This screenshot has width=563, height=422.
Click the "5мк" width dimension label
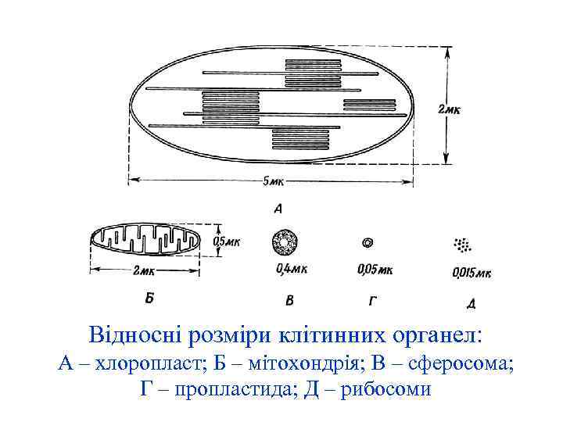pos(274,182)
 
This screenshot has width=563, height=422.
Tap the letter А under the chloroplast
pos(278,209)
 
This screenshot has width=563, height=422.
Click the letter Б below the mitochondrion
pos(149,297)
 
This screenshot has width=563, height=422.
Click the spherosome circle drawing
pos(285,244)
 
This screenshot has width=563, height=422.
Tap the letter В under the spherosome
pos(289,300)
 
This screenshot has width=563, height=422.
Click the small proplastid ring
pos(368,244)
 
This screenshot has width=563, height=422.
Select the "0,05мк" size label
pos(374,270)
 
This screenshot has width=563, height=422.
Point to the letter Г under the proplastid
pos(373,299)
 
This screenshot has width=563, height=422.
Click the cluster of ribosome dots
pos(462,245)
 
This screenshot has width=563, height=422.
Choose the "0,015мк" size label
pos(472,273)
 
